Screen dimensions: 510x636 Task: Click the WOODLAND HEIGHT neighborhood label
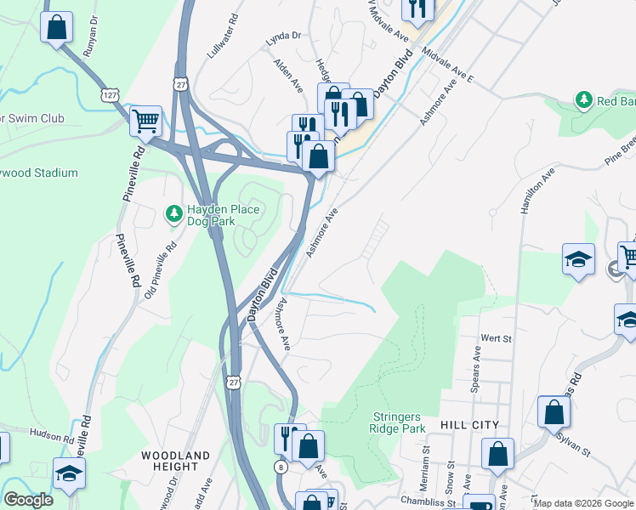pyautogui.click(x=175, y=462)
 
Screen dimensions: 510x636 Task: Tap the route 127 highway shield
pyautogui.click(x=110, y=94)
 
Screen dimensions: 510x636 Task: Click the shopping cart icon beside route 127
pyautogui.click(x=145, y=120)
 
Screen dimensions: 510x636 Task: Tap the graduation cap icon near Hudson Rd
pyautogui.click(x=69, y=473)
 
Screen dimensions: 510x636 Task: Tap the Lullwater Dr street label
pyautogui.click(x=219, y=41)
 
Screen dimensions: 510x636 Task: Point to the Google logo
pyautogui.click(x=28, y=500)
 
